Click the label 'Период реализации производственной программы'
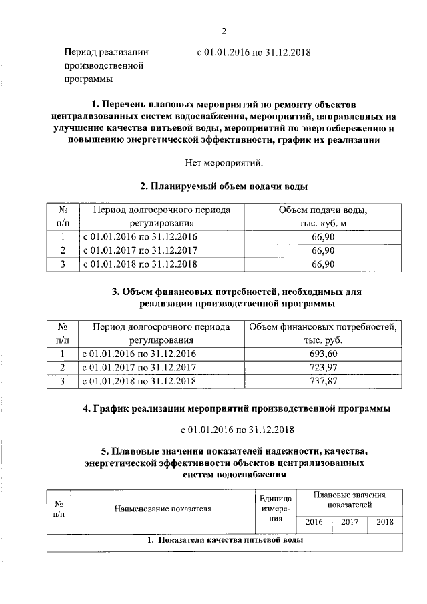point(105,65)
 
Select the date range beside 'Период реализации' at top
point(255,52)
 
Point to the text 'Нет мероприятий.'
point(224,162)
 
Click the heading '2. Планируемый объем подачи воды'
point(224,186)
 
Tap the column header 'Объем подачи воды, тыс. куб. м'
point(323,217)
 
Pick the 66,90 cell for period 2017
point(323,250)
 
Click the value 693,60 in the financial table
point(323,354)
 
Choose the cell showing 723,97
point(323,368)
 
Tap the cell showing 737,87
point(323,381)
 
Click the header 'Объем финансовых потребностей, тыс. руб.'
point(323,334)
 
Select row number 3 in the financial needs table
point(62,381)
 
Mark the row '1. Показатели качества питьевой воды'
point(225,541)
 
